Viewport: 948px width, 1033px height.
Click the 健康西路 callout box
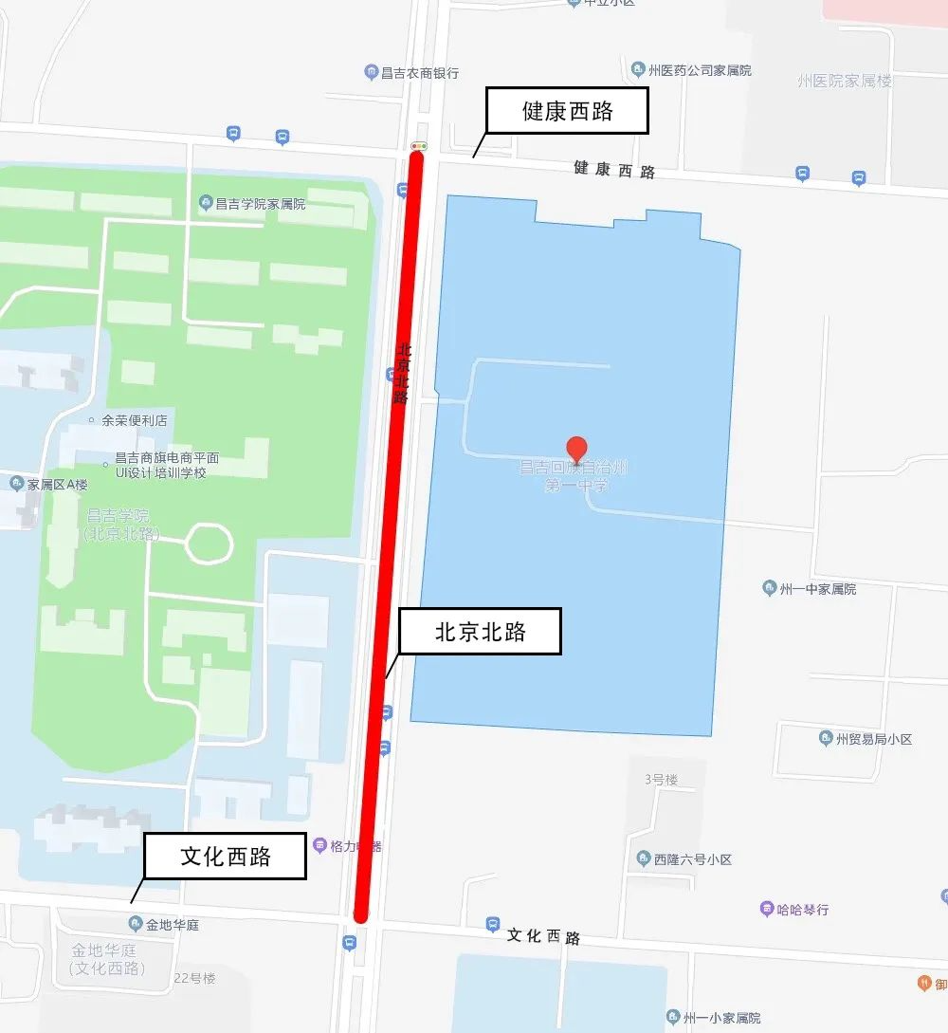pos(567,111)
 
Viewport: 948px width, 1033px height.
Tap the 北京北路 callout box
pos(480,632)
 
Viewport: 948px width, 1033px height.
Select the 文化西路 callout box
pos(226,857)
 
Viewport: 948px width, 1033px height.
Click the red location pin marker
pos(575,449)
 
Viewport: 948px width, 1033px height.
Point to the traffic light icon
pos(418,146)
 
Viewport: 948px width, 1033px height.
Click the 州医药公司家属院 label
pos(691,69)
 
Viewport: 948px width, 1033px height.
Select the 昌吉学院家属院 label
pos(252,203)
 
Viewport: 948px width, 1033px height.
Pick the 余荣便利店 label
pos(134,420)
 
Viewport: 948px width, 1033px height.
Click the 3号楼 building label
pos(661,780)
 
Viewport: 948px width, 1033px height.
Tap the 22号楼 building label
pos(195,978)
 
